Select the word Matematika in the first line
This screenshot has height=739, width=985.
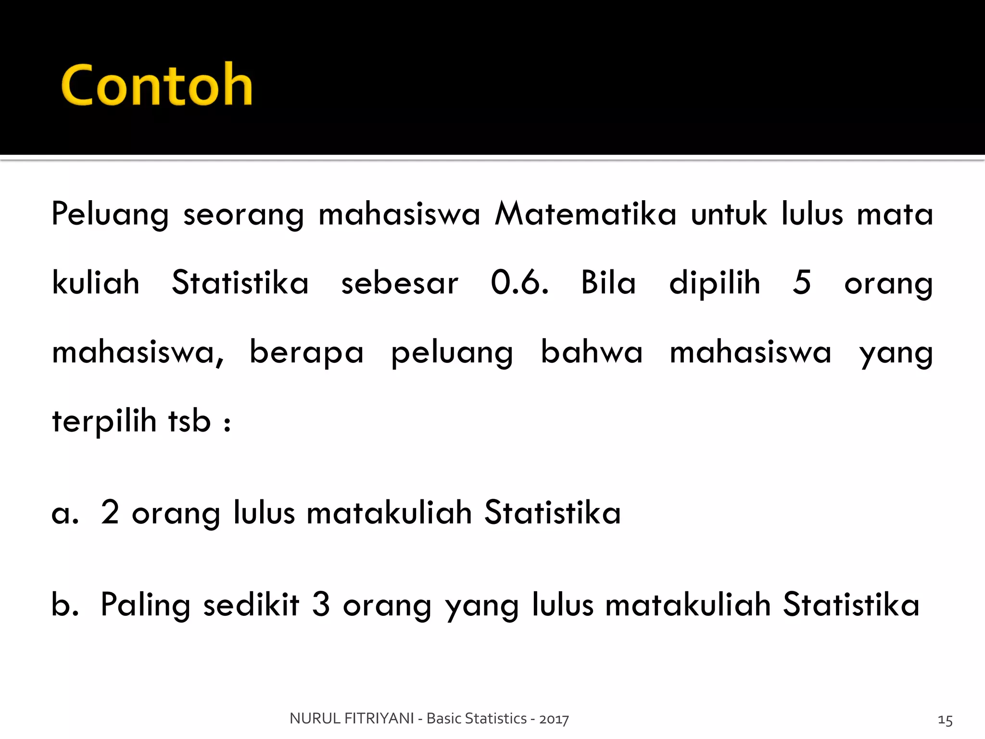click(585, 214)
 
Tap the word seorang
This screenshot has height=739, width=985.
click(243, 215)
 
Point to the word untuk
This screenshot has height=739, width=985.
click(729, 214)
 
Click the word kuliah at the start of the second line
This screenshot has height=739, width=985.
click(96, 282)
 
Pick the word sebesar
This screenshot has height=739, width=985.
click(400, 283)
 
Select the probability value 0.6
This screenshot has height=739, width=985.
click(519, 282)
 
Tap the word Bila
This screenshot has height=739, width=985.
click(608, 282)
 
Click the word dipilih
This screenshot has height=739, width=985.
click(715, 282)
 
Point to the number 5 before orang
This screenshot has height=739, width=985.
click(802, 282)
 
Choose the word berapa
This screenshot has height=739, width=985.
click(306, 353)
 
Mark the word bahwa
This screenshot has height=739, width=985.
click(592, 352)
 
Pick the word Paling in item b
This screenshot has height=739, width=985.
click(145, 605)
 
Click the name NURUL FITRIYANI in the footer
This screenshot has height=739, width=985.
click(352, 718)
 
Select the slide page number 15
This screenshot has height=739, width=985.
click(945, 720)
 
